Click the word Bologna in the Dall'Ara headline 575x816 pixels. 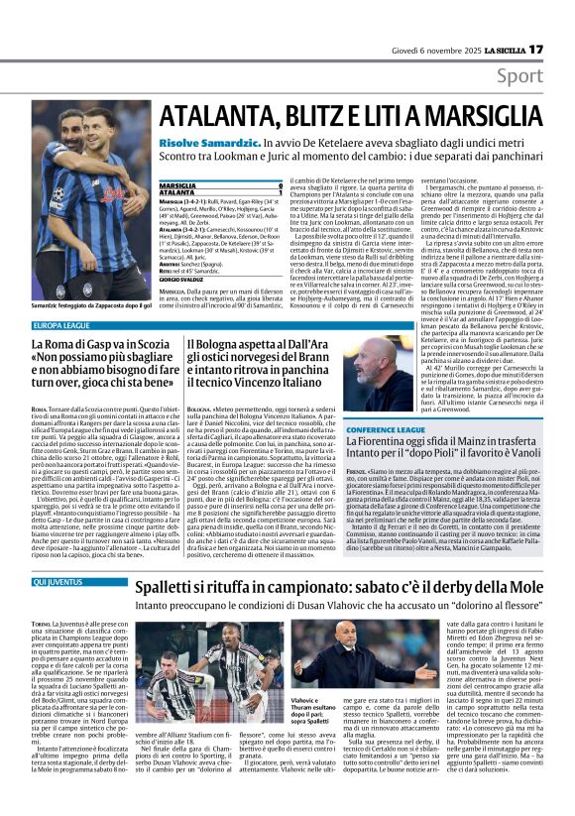(217, 343)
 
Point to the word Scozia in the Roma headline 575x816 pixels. (153, 343)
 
